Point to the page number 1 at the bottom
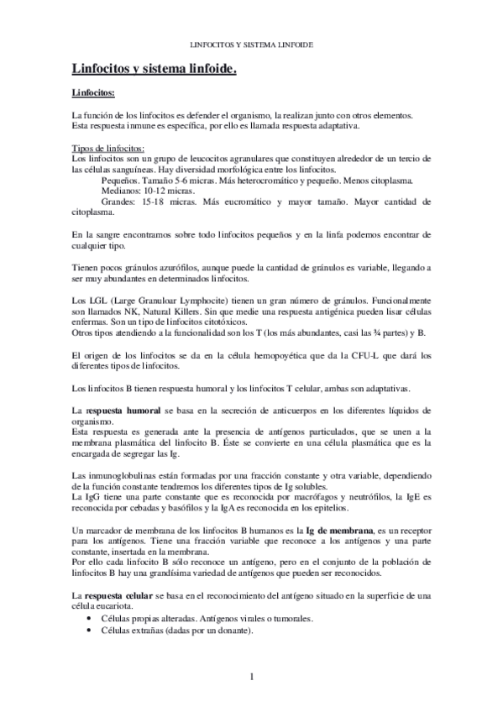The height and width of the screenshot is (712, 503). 251,677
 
